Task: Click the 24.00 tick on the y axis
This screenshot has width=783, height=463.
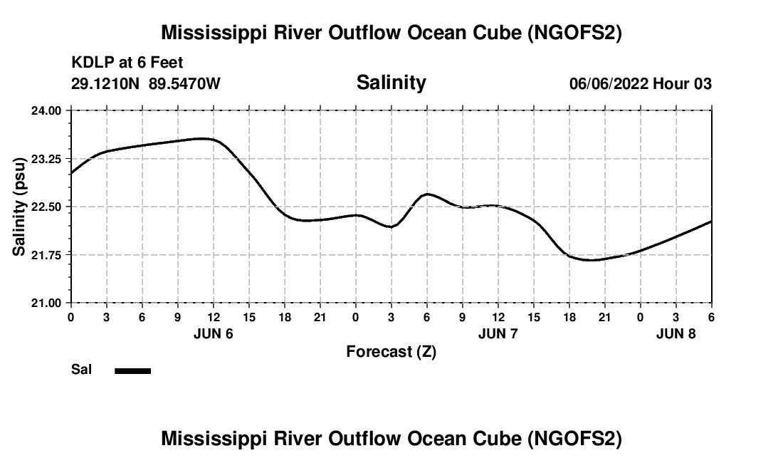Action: (50, 110)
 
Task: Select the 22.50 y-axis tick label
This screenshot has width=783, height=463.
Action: (50, 207)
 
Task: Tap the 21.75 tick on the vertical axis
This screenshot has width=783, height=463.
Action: (50, 254)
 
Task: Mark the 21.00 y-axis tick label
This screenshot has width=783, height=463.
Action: (50, 303)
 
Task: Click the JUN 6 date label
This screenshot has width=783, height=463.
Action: (214, 333)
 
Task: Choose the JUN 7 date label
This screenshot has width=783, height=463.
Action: (498, 333)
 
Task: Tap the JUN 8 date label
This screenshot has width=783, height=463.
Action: (676, 333)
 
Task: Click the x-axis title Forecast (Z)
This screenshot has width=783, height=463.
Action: (391, 352)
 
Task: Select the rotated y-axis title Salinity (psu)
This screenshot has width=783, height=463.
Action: (20, 207)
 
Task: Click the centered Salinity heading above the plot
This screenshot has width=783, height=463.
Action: (391, 83)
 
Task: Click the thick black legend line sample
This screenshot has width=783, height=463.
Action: (132, 370)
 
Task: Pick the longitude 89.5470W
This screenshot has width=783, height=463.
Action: (184, 83)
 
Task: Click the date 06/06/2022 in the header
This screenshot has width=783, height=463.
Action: (609, 83)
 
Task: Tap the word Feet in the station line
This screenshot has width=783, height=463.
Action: (167, 63)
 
